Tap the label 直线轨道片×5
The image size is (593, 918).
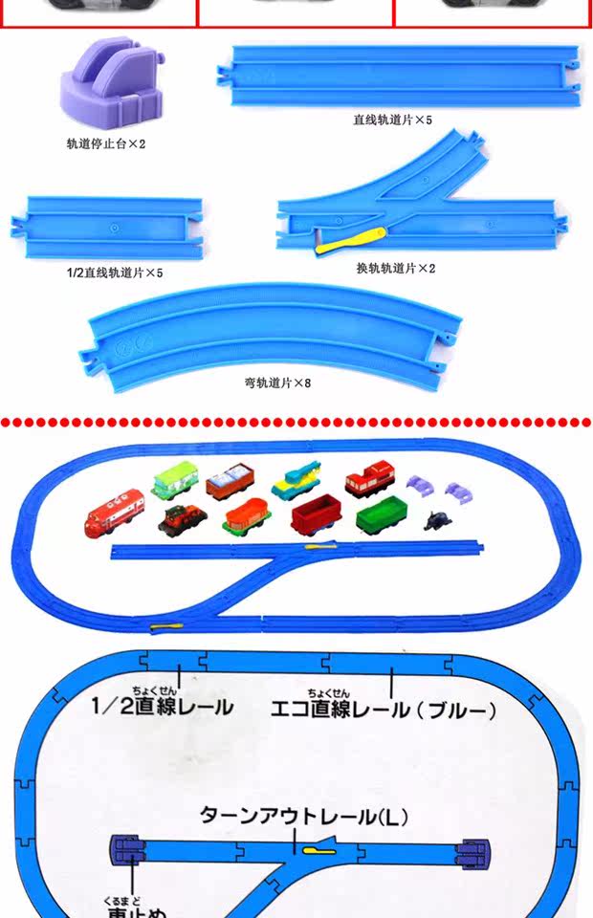point(392,121)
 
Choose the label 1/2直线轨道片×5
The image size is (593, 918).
point(115,273)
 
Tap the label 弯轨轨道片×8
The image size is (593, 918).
point(277,383)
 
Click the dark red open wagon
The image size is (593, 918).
point(316,515)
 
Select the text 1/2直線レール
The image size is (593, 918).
point(162,707)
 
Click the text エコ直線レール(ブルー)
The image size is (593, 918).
point(383,710)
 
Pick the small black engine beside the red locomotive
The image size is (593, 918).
point(182,519)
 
